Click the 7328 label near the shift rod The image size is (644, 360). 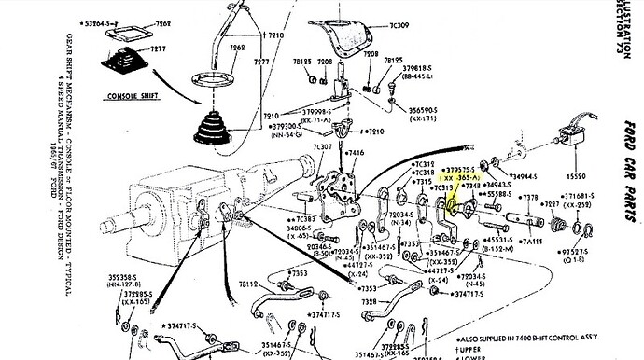pyautogui.click(x=371, y=304)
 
